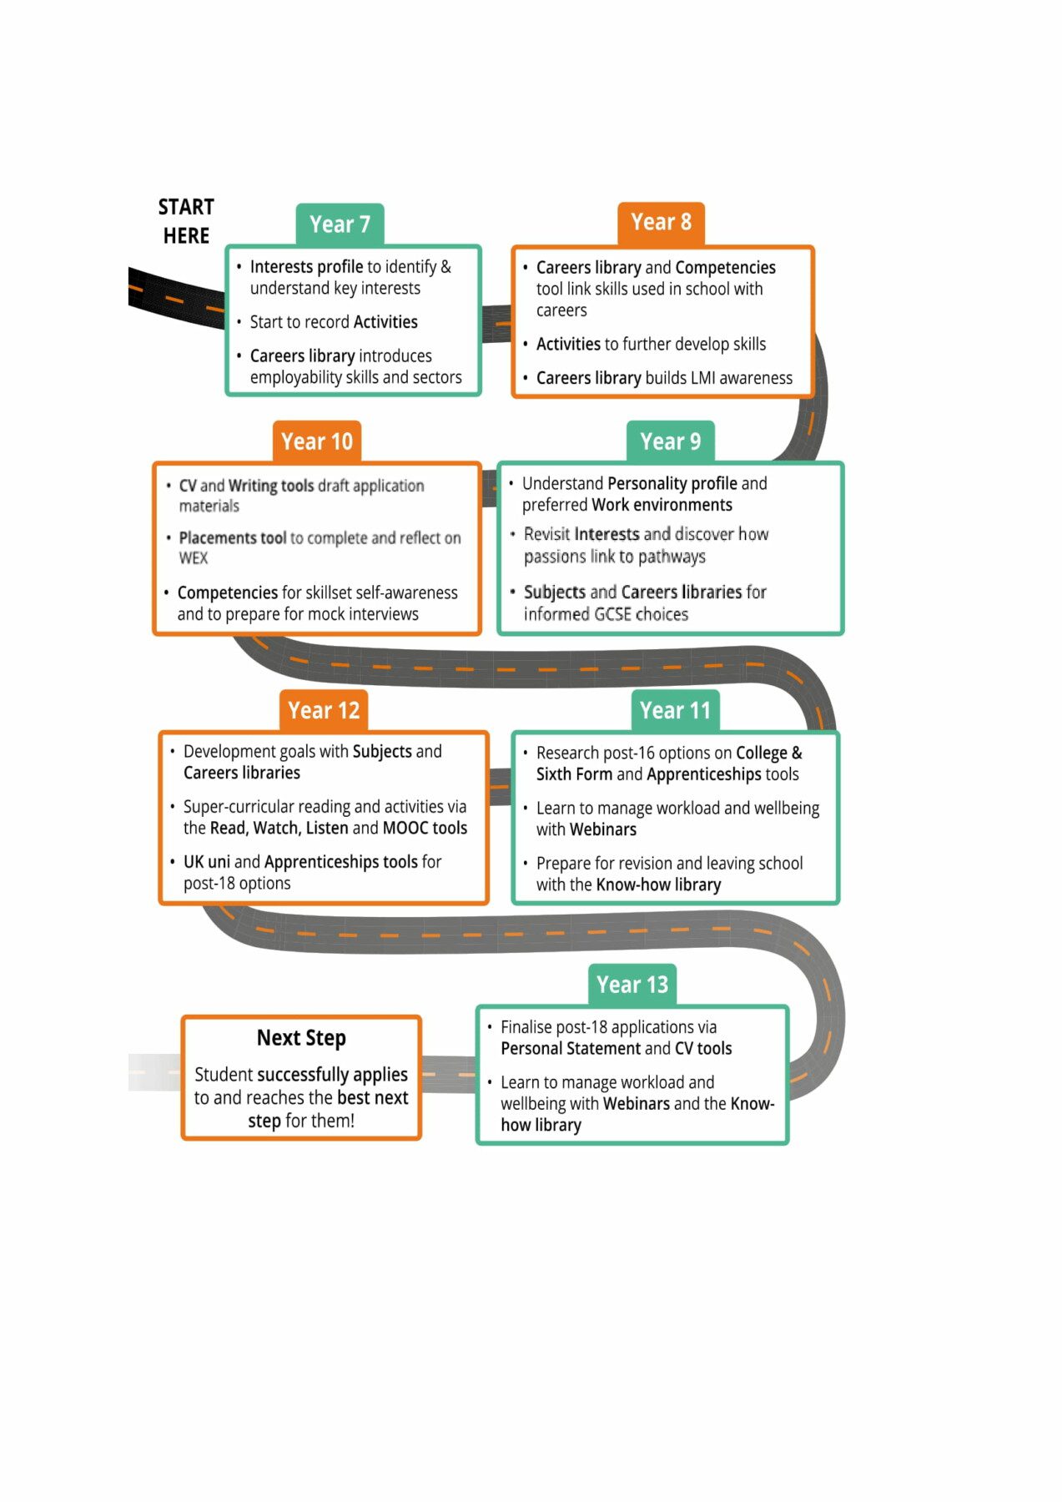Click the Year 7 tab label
click(x=340, y=224)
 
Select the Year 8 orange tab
click(x=662, y=223)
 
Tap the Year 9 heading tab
click(x=671, y=441)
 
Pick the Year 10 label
click(x=317, y=441)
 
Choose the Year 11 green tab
click(x=675, y=711)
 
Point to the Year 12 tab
click(x=324, y=711)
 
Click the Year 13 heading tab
click(x=632, y=985)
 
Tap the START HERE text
click(x=186, y=221)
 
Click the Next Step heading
click(x=301, y=1038)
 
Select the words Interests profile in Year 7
click(x=306, y=267)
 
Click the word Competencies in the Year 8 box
click(x=726, y=268)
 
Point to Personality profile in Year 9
click(x=672, y=484)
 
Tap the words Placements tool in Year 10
click(x=233, y=538)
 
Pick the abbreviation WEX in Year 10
click(x=194, y=558)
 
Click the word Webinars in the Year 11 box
click(x=603, y=829)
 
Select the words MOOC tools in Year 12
click(x=425, y=828)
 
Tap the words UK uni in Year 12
click(x=207, y=862)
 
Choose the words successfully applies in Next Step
click(x=332, y=1076)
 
